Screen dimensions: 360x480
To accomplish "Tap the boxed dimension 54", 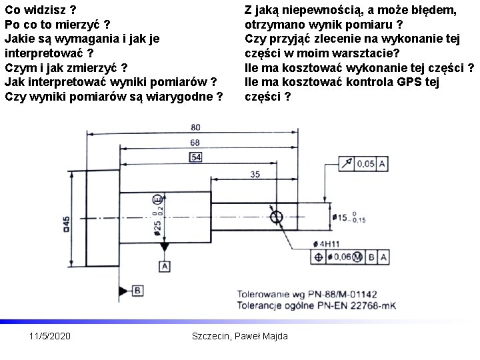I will [196, 157].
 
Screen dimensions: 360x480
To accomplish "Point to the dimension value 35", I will [255, 174].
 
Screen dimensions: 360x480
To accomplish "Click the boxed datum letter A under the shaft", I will [164, 267].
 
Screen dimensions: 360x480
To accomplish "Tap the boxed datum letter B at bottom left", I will [137, 291].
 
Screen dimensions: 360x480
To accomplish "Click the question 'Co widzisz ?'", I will [40, 11].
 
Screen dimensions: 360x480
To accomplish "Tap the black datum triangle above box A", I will [164, 247].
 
